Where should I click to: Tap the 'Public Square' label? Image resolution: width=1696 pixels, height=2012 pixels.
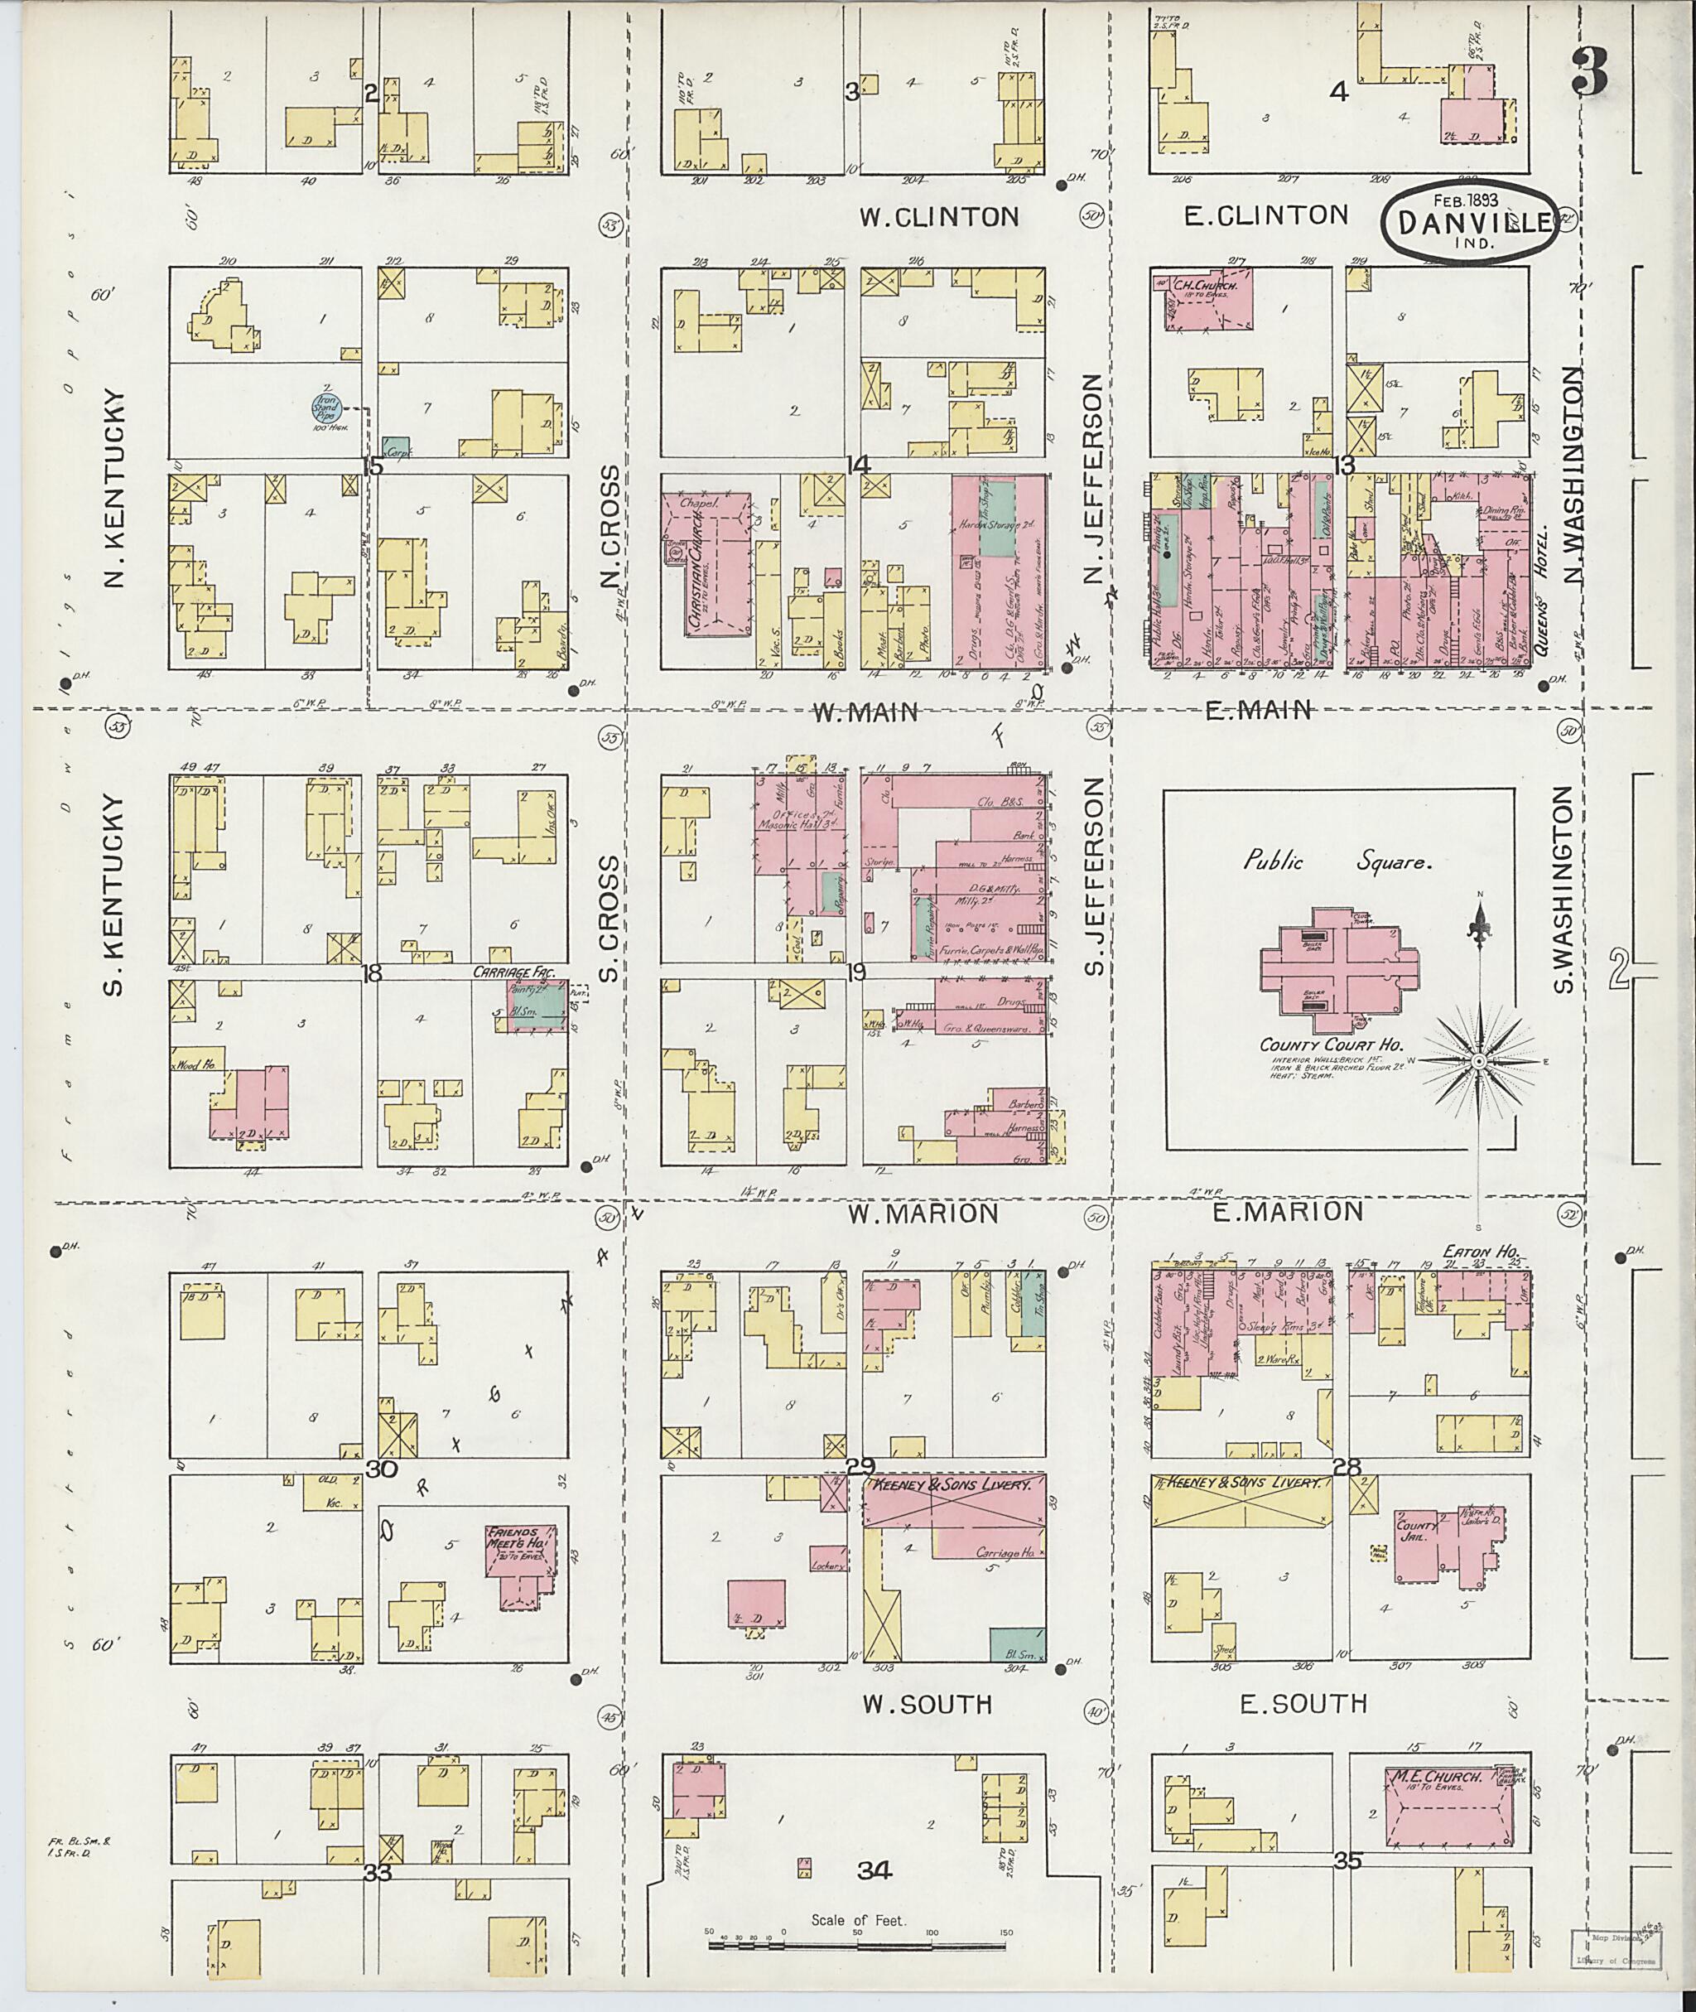pyautogui.click(x=1337, y=861)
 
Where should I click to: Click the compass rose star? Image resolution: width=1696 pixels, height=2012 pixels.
pyautogui.click(x=1480, y=1060)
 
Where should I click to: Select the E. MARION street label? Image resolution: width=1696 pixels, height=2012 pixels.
pyautogui.click(x=1286, y=1212)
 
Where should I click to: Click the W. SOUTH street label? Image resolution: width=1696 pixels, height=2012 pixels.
pyautogui.click(x=926, y=1704)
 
